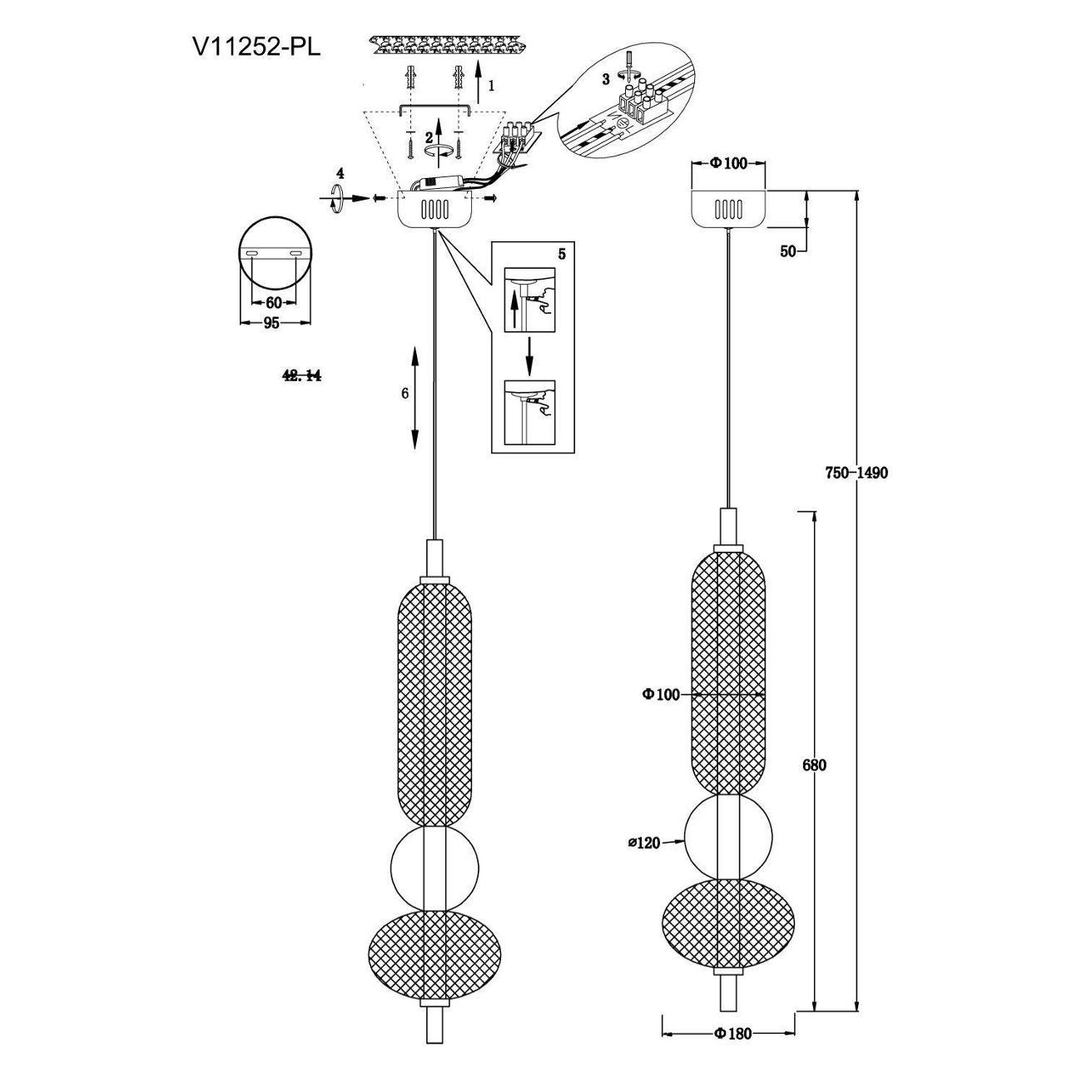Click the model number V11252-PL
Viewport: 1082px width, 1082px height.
coord(256,47)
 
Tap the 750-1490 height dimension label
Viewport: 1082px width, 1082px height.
coord(856,473)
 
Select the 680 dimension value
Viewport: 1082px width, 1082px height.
coord(814,765)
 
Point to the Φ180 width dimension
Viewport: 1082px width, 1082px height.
coord(732,1034)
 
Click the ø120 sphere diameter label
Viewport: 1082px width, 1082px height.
coord(644,843)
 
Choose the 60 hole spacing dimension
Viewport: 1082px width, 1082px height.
coord(273,302)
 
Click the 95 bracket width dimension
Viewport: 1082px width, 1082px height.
coord(270,324)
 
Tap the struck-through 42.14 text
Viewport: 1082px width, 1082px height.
coord(302,376)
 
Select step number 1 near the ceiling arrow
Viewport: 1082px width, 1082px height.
coord(492,85)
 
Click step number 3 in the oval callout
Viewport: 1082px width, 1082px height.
coord(606,78)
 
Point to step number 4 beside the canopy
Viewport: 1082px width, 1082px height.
coord(339,173)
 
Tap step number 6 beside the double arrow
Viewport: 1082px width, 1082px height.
coord(405,394)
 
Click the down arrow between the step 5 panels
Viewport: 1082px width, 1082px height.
coord(529,356)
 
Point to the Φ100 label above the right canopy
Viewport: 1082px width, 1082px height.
coord(729,163)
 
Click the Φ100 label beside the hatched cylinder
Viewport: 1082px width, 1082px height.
coord(662,694)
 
